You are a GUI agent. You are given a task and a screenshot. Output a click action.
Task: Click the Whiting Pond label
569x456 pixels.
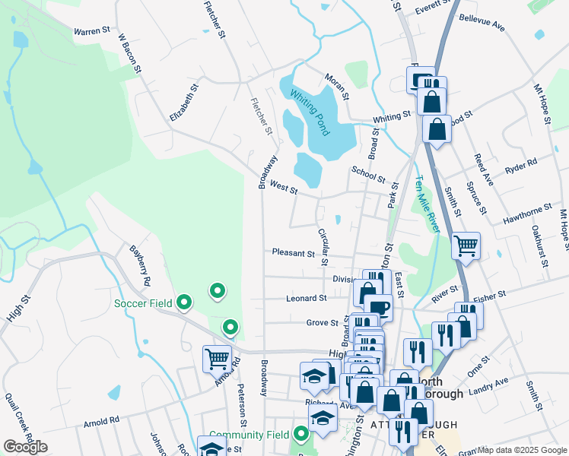tap(310, 112)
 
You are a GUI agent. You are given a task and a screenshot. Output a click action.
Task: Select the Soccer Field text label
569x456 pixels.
tap(145, 304)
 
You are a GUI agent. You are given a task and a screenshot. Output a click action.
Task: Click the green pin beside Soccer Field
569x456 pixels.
tap(183, 303)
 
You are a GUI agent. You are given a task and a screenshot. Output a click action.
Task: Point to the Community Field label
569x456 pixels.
tap(249, 435)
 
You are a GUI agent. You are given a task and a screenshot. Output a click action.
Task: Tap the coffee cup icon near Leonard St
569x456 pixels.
tap(378, 308)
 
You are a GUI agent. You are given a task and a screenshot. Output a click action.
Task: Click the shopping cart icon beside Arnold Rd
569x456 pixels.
tap(217, 358)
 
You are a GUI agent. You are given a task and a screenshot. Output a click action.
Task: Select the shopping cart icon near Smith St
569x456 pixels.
tap(466, 246)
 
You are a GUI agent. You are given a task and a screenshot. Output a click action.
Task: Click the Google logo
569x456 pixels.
tap(24, 447)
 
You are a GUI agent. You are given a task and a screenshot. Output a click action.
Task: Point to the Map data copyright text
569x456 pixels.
tap(522, 450)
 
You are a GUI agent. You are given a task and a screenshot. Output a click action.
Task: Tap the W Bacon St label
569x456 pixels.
tap(130, 52)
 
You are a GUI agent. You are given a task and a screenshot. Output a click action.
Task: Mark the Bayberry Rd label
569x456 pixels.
tap(140, 264)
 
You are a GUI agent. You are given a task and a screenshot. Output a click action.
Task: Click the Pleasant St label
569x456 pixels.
tap(293, 252)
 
